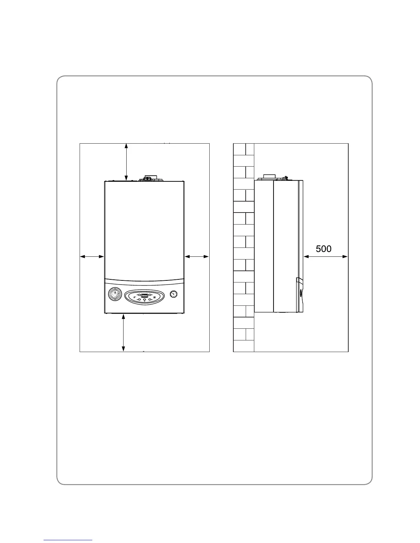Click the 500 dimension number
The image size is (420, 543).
point(324,249)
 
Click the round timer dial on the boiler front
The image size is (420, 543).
point(115,295)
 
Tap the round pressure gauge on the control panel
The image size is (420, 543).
point(174,294)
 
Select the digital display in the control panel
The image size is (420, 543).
point(144,295)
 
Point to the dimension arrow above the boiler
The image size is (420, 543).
point(126,162)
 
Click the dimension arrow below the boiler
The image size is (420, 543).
point(124,332)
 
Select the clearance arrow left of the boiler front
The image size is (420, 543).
point(92,256)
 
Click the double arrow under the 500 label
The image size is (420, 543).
point(326,256)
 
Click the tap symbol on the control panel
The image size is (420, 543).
point(135,297)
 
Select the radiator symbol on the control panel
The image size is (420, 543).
point(154,297)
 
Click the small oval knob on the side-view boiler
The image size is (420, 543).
point(301,293)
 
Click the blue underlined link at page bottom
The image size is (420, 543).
point(68,540)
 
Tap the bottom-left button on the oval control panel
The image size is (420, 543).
point(139,300)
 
